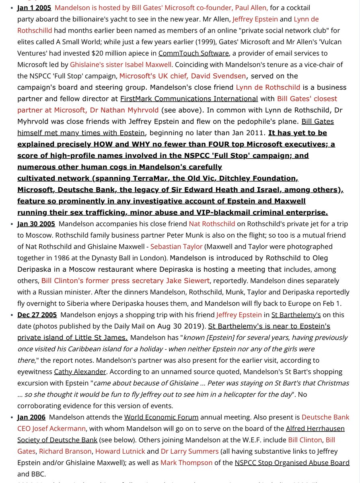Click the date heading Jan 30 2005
coord(37,224)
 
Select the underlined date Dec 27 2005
coord(37,315)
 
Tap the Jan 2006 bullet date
coord(31,417)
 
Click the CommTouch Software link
coord(193,53)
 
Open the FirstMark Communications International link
coord(189,99)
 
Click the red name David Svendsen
coord(218,76)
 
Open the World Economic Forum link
coord(161,417)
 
